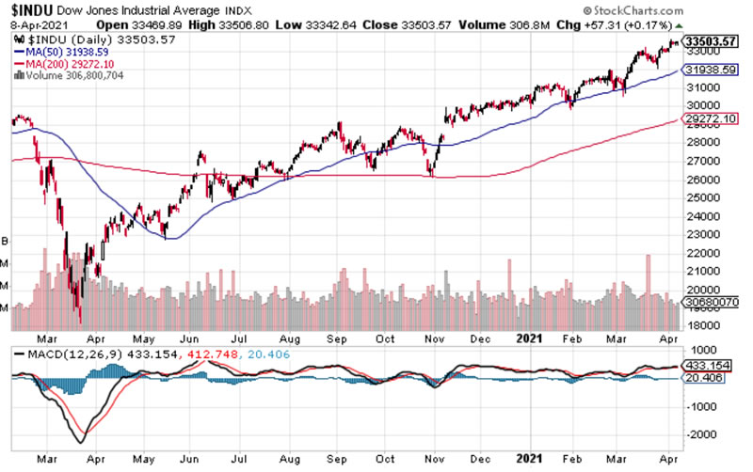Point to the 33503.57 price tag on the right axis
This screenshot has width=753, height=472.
(x=712, y=42)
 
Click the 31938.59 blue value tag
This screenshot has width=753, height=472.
(x=712, y=69)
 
